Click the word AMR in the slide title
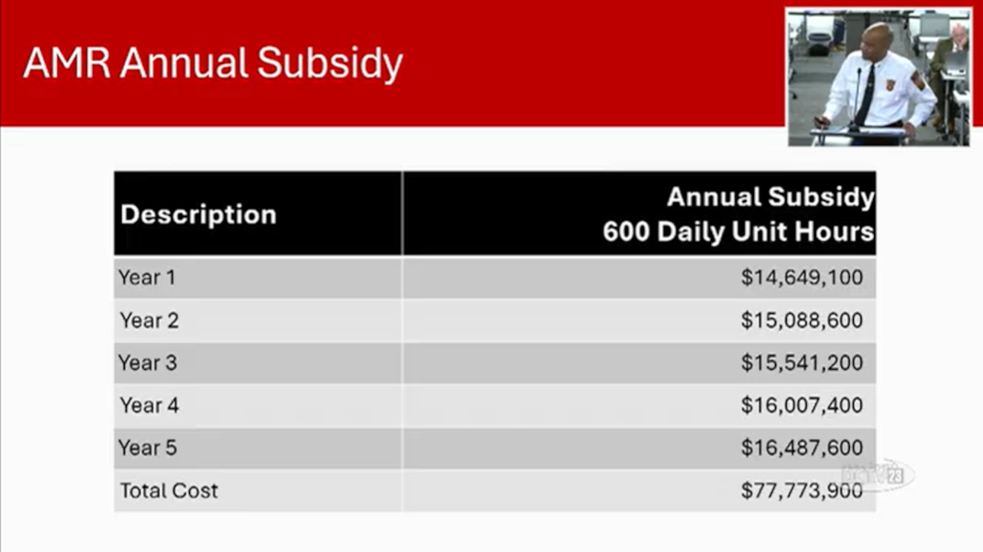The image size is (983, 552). click(67, 63)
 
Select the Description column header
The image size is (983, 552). click(198, 214)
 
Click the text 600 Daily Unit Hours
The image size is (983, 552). click(738, 232)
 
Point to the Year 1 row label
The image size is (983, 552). click(147, 277)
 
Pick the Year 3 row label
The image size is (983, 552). click(148, 363)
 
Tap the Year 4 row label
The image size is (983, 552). click(149, 405)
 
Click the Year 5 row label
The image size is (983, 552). click(148, 448)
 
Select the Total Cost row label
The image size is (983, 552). click(169, 490)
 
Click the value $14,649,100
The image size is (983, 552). click(802, 277)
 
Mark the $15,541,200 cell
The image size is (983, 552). click(802, 363)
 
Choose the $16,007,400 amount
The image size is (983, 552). click(802, 405)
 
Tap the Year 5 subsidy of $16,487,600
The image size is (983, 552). click(802, 448)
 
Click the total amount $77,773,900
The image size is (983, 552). click(802, 490)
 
